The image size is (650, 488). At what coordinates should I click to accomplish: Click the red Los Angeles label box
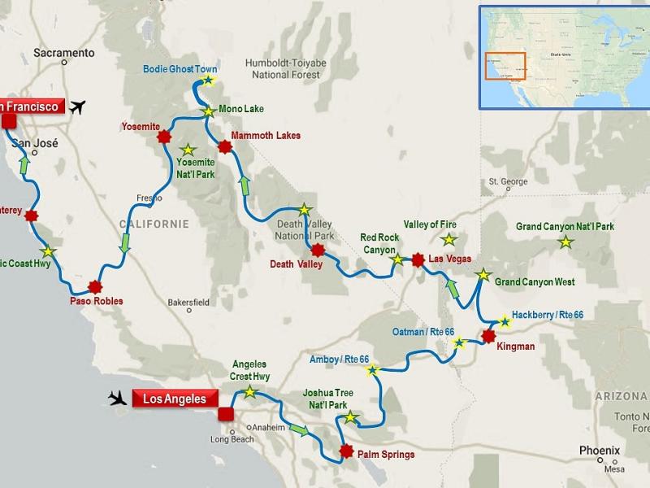[x=175, y=399]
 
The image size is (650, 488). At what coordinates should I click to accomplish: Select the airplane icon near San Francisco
[x=78, y=107]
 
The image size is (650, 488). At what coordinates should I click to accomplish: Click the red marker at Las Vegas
[x=418, y=260]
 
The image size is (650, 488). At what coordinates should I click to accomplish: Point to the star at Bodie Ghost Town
[x=208, y=81]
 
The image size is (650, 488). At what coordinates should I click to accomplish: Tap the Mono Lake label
[x=241, y=109]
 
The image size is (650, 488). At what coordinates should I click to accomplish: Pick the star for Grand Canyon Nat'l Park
[x=565, y=242]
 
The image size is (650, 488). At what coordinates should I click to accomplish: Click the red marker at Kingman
[x=488, y=335]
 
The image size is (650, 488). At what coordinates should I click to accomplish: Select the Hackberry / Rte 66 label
[x=547, y=314]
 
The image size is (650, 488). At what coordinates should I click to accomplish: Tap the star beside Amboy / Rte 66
[x=372, y=372]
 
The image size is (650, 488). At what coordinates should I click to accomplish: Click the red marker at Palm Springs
[x=347, y=451]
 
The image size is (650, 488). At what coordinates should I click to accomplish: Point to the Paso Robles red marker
[x=96, y=286]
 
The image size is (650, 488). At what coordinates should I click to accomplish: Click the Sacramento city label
[x=64, y=53]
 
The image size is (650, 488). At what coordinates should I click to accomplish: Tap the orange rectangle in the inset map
[x=505, y=66]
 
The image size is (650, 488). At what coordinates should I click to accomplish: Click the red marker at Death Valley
[x=318, y=250]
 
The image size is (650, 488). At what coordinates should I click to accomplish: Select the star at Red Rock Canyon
[x=397, y=260]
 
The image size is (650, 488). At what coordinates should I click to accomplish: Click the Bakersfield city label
[x=188, y=302]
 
